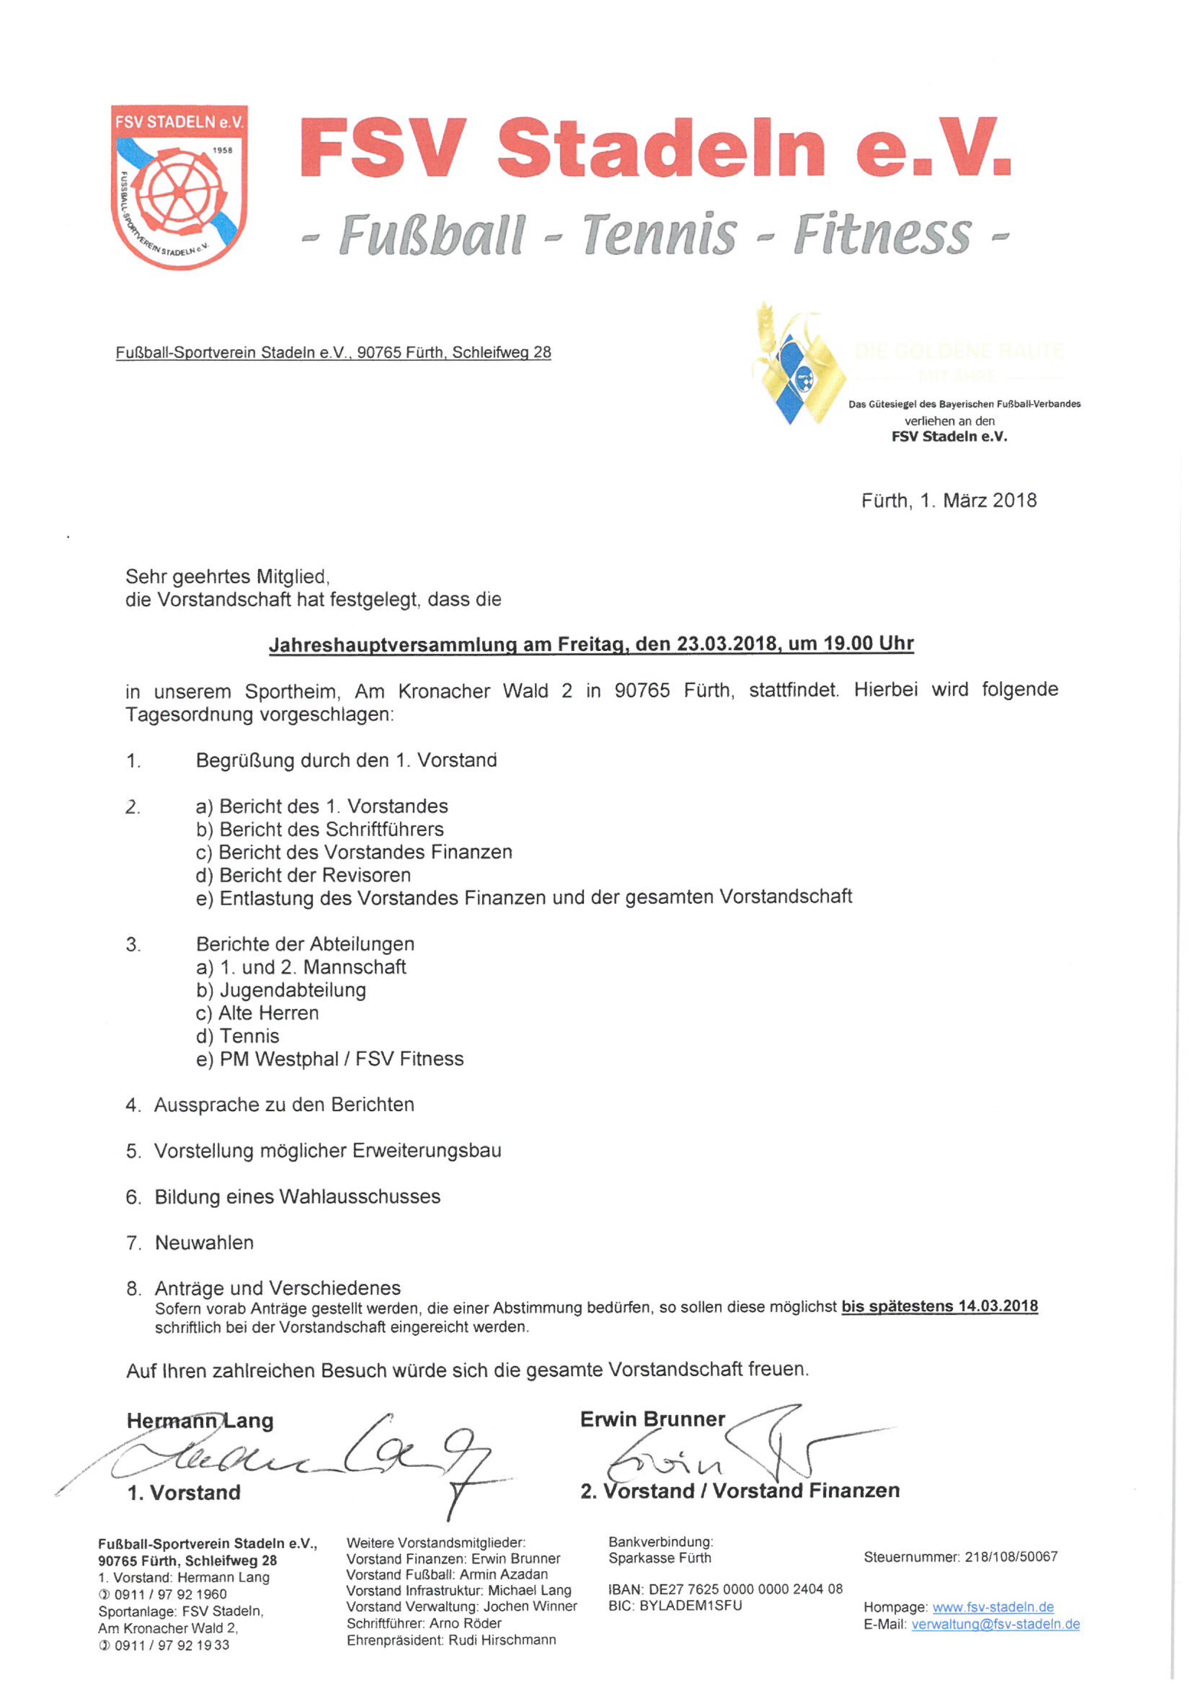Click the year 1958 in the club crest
[x=223, y=150]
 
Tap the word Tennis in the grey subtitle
[x=659, y=235]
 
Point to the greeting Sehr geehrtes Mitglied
[x=227, y=576]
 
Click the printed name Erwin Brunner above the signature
[x=652, y=1419]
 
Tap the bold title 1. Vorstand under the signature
[x=184, y=1492]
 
